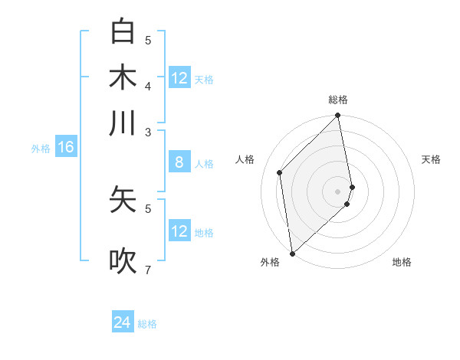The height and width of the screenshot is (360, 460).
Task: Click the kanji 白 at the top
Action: [123, 31]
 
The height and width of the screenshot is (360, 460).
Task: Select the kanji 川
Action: [123, 123]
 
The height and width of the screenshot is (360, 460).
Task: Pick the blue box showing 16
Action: [66, 147]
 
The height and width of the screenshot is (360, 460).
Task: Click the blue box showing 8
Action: [179, 162]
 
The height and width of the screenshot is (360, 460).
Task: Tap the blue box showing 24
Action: [123, 322]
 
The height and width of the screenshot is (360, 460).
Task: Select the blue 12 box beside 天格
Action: [179, 78]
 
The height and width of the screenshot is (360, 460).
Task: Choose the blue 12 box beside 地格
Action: [179, 231]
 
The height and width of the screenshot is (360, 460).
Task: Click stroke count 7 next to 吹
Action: [148, 270]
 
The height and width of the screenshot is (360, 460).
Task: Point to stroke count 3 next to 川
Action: [148, 132]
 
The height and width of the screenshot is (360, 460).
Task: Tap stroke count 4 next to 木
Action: [148, 85]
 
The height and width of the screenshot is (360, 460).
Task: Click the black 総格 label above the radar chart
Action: [338, 100]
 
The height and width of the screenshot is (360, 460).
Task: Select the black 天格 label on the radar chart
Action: [431, 159]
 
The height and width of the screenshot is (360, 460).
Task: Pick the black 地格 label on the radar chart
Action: [402, 262]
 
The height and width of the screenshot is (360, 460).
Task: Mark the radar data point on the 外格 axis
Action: [292, 254]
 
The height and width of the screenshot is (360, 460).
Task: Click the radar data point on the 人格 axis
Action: [280, 172]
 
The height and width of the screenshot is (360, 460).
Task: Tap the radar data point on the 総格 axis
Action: [338, 116]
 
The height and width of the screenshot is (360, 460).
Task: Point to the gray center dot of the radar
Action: [338, 191]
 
